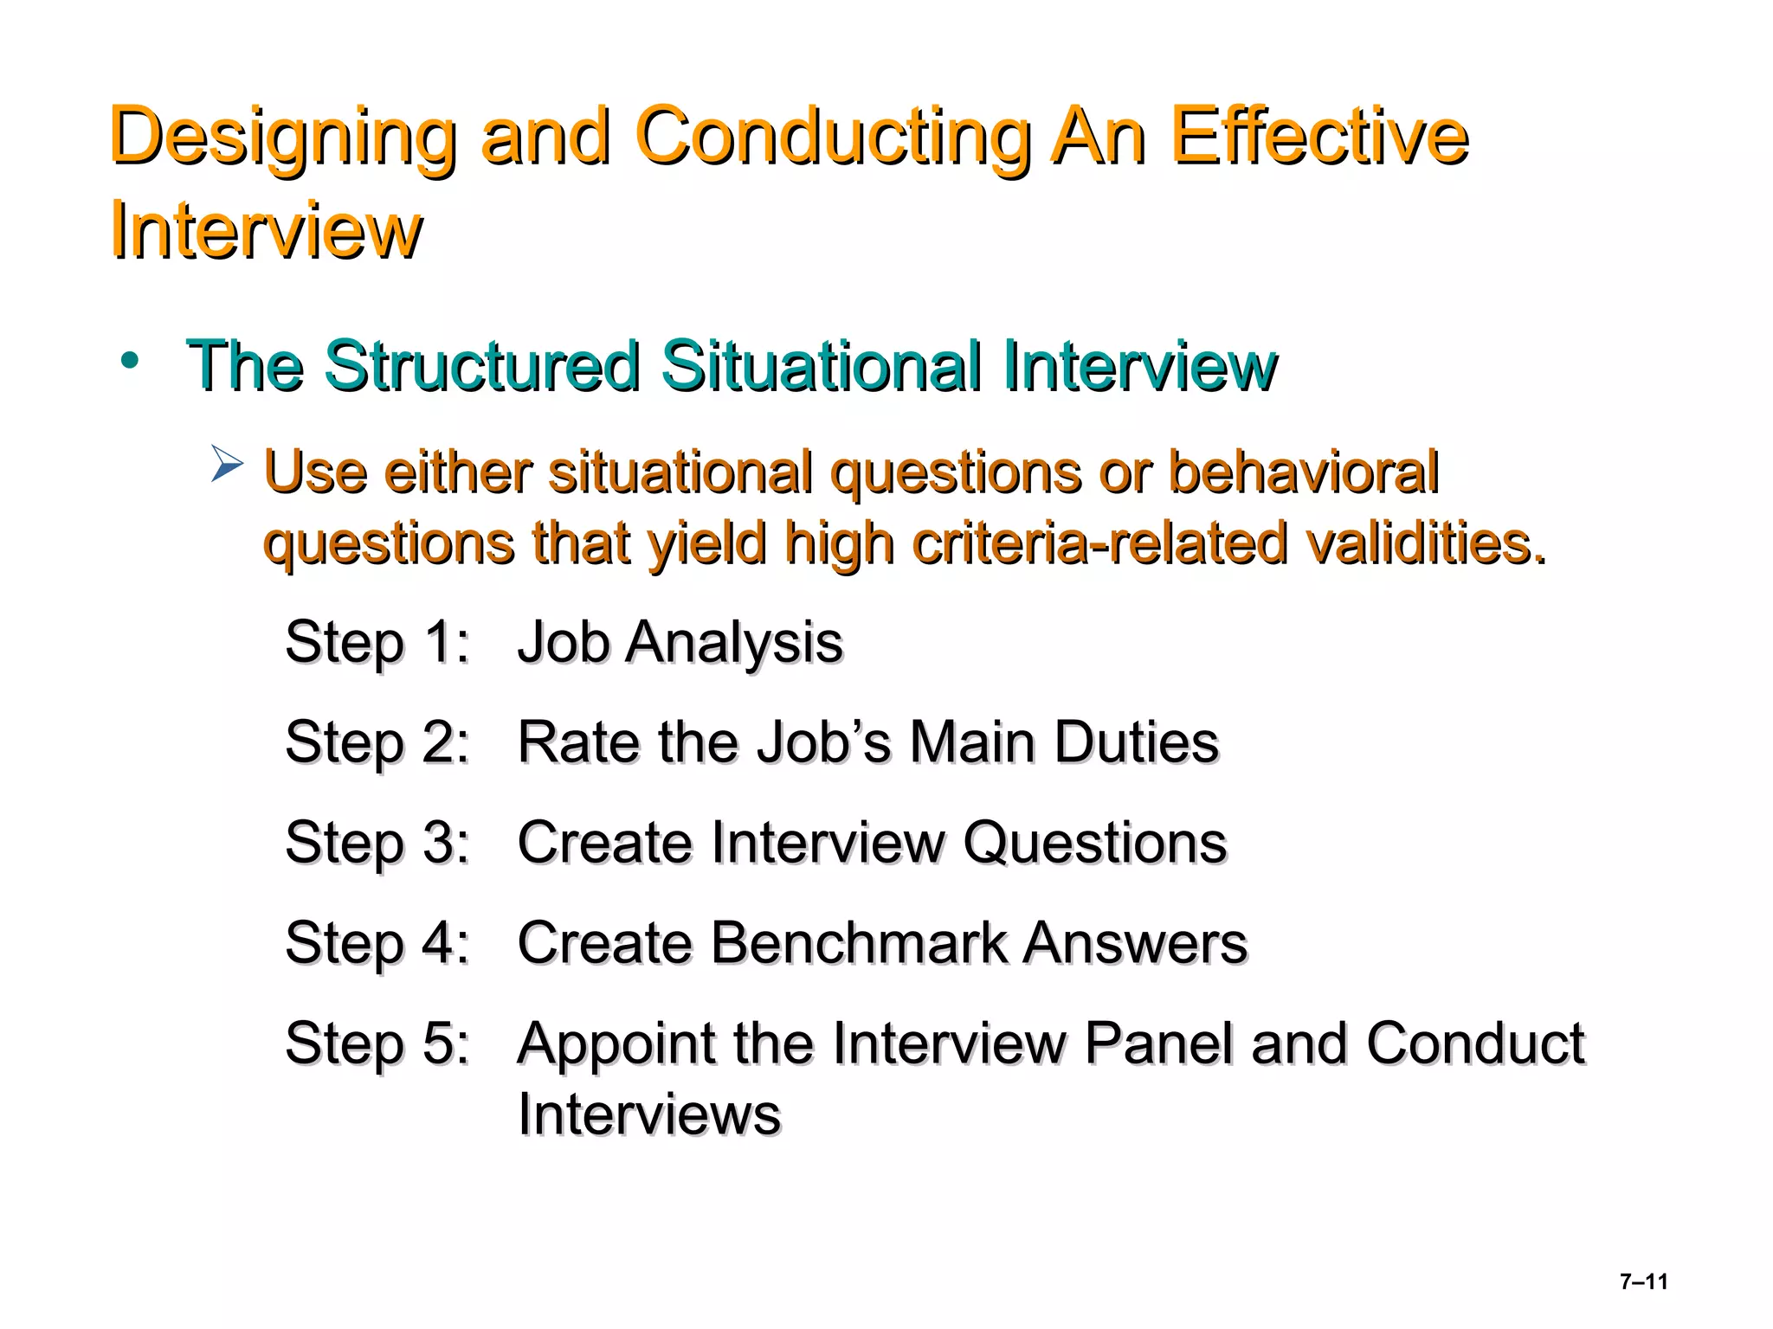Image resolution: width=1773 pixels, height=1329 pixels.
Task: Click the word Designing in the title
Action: pyautogui.click(x=282, y=138)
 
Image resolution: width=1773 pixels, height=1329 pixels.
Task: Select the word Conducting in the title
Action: pyautogui.click(x=832, y=138)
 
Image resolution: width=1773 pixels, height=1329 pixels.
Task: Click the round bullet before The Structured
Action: pyautogui.click(x=130, y=361)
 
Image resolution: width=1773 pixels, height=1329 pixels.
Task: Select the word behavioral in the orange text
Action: pyautogui.click(x=1302, y=473)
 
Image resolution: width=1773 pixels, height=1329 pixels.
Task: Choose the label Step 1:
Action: pyautogui.click(x=377, y=643)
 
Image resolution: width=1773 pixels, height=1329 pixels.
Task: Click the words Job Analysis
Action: pyautogui.click(x=680, y=643)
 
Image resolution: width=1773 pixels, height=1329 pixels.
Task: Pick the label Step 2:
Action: pyautogui.click(x=377, y=743)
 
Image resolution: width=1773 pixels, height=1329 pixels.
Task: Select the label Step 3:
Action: pyautogui.click(x=377, y=843)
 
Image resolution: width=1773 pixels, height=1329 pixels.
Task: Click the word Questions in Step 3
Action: pyautogui.click(x=1094, y=843)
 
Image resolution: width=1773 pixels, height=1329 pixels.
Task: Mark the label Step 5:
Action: pyautogui.click(x=377, y=1043)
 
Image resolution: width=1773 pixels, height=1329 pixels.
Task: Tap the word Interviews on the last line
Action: pyautogui.click(x=648, y=1114)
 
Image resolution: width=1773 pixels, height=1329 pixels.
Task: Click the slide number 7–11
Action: pyautogui.click(x=1643, y=1281)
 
